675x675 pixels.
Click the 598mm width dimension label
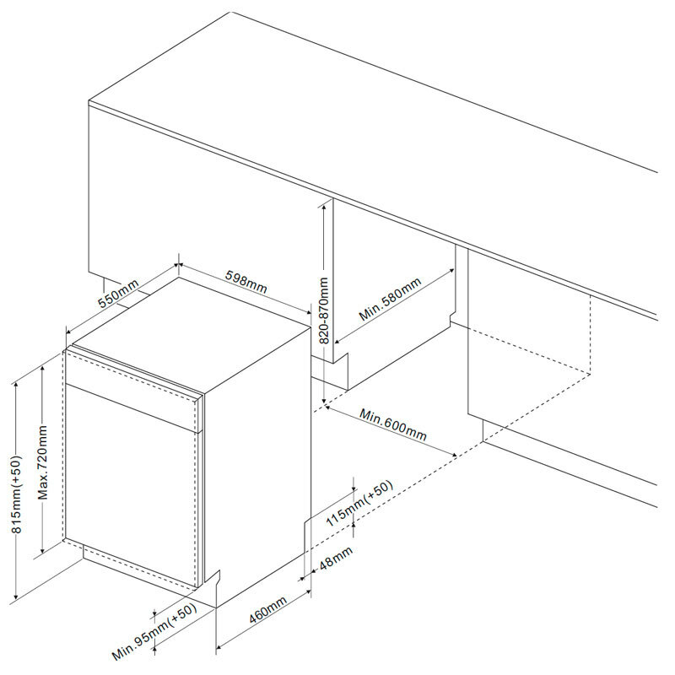coord(246,281)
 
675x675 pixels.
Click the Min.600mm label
coord(393,425)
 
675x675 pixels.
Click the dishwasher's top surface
coord(194,333)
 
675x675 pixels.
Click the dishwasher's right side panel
coord(257,472)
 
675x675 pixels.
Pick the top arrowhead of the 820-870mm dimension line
coord(324,205)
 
